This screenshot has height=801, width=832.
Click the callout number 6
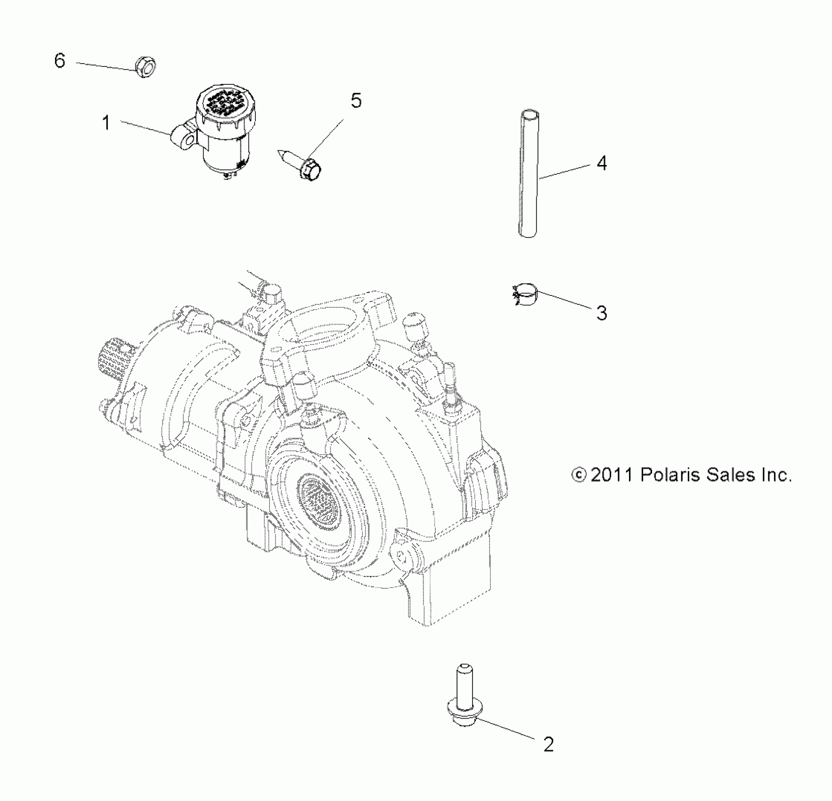tap(60, 61)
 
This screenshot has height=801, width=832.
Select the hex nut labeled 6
tap(145, 67)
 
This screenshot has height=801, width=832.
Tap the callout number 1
tap(106, 123)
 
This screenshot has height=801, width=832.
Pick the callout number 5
tap(356, 100)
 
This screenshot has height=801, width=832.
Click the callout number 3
tap(602, 313)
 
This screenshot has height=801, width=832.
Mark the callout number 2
tap(548, 744)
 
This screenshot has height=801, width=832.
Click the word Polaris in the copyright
tap(664, 475)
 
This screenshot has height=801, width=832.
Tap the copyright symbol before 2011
tap(579, 475)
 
